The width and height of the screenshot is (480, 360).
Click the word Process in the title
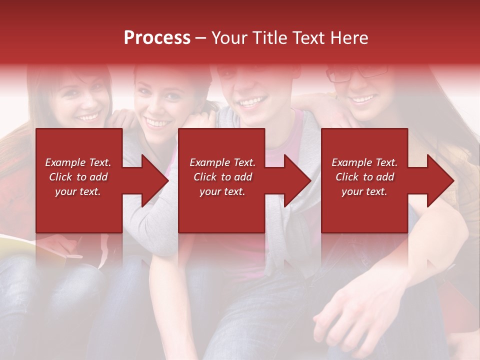(157, 37)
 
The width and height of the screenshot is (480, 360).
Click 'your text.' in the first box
(78, 191)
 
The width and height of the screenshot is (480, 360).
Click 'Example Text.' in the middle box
(222, 162)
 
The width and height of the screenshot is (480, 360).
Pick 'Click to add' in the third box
(364, 177)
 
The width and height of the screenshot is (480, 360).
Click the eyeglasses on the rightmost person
(357, 73)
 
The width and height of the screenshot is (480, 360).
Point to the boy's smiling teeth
(252, 102)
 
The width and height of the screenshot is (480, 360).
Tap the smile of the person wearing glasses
(363, 99)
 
